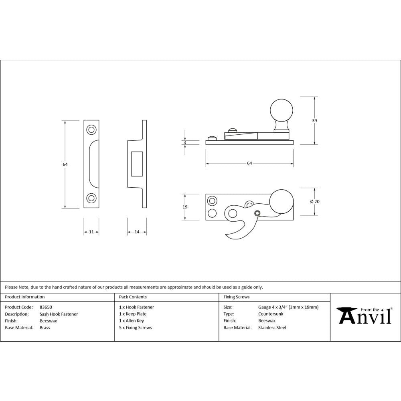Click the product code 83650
(x=46, y=307)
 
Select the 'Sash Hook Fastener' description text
(x=59, y=314)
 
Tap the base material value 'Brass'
(x=45, y=328)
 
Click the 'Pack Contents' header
(x=133, y=297)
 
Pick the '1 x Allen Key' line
(x=131, y=321)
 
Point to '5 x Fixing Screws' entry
(x=135, y=328)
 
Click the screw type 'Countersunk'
(x=270, y=314)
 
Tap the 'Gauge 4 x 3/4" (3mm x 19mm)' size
(x=288, y=307)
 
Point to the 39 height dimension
(x=314, y=120)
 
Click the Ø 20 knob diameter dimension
(x=315, y=202)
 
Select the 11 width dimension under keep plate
(x=91, y=232)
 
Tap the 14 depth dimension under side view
(x=137, y=232)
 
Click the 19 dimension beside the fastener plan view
(x=185, y=207)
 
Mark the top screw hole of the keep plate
(x=91, y=130)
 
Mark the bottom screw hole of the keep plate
(x=91, y=198)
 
